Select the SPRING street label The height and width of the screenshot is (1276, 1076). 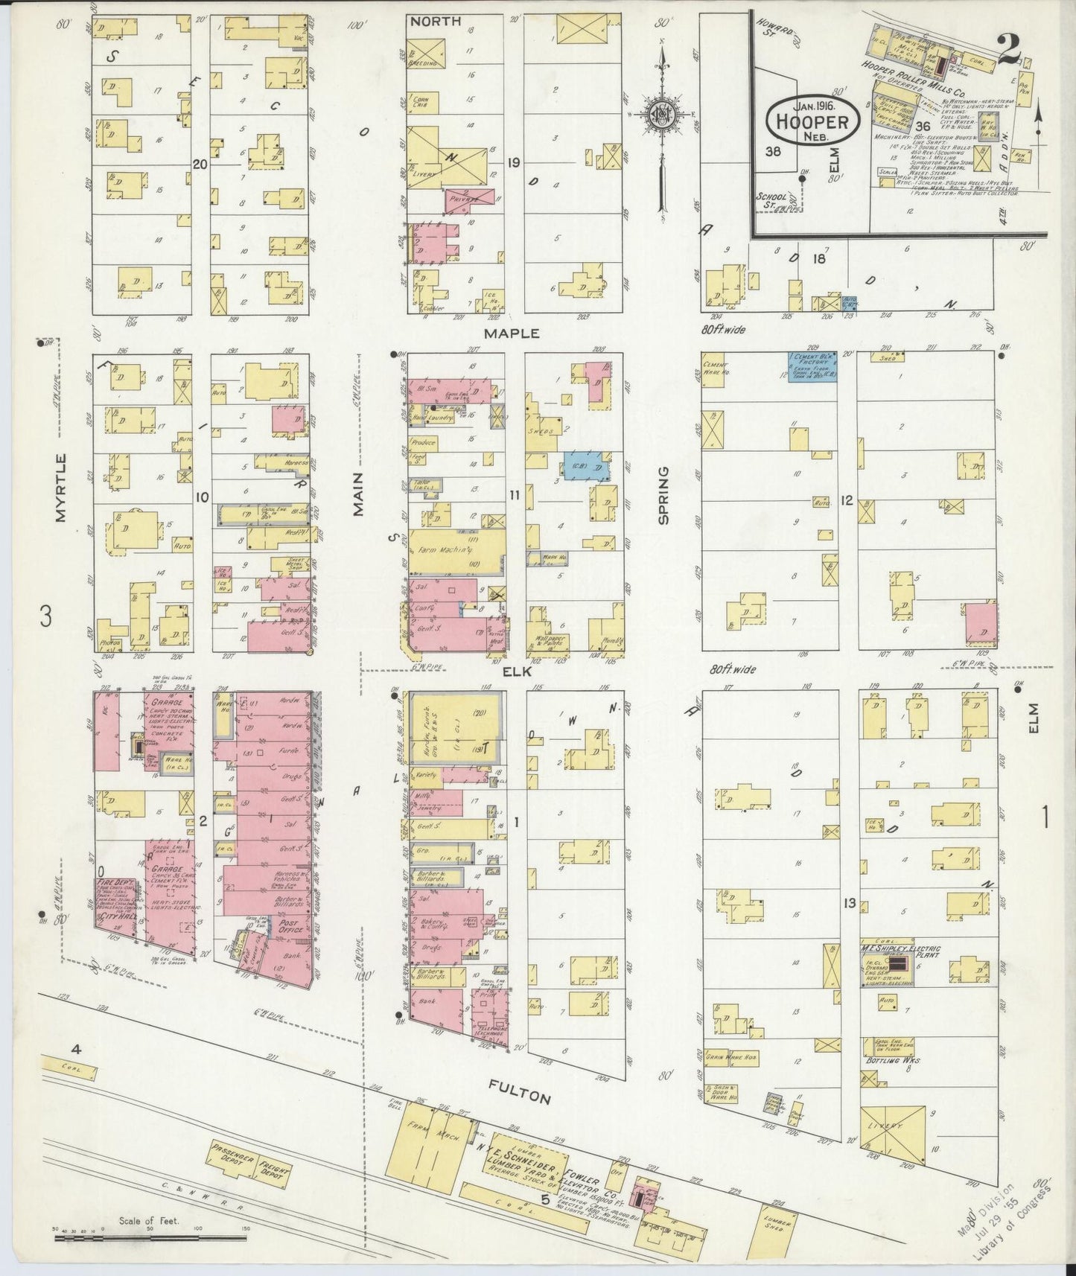click(662, 494)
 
